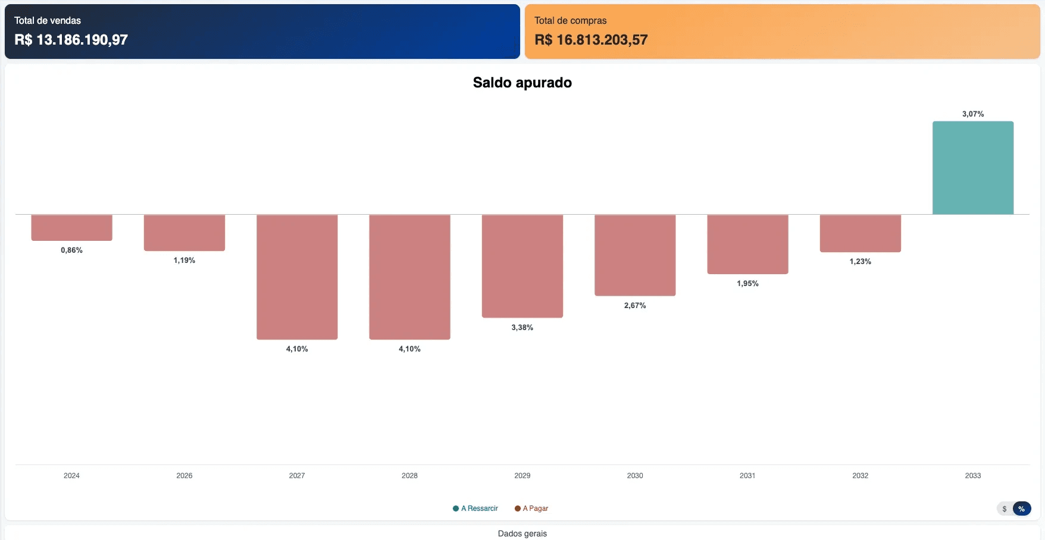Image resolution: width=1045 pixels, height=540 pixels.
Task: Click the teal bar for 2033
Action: click(972, 168)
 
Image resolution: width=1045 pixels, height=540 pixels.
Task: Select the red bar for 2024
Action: click(71, 227)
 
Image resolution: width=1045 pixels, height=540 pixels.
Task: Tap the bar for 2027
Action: click(297, 277)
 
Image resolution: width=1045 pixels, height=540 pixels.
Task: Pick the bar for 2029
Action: click(522, 266)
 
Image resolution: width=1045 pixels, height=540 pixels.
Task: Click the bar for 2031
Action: click(747, 244)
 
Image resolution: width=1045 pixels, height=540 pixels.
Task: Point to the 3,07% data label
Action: click(972, 114)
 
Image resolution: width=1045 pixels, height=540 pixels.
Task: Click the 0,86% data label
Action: click(71, 250)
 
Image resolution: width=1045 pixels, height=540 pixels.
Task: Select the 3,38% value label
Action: click(522, 328)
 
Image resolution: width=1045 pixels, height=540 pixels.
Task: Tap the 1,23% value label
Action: click(860, 262)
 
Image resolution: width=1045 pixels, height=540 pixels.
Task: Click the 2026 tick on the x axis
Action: click(184, 476)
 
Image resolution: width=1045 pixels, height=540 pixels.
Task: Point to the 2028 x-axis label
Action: click(409, 476)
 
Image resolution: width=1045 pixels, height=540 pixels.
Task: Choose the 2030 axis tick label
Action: click(635, 476)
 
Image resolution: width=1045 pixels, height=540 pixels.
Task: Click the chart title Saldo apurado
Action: click(522, 83)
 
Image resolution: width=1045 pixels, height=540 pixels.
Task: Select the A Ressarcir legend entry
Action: click(475, 508)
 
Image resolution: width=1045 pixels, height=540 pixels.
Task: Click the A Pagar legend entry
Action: click(531, 508)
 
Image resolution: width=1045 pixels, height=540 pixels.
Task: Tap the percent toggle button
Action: click(1021, 508)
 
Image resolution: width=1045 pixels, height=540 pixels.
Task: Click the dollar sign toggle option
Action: click(1005, 508)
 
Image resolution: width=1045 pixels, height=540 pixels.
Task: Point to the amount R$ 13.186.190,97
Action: click(71, 40)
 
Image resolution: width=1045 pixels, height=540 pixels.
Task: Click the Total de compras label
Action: click(570, 21)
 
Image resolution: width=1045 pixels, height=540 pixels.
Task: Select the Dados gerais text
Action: click(522, 533)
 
